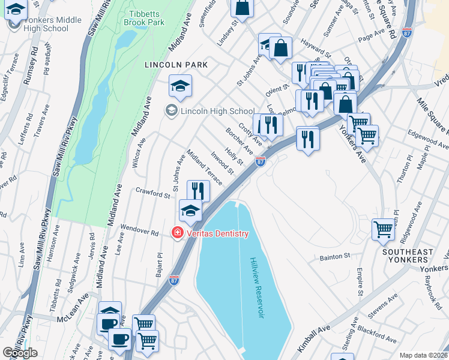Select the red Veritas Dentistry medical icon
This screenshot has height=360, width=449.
pyautogui.click(x=177, y=233)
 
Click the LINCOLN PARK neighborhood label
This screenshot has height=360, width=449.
pyautogui.click(x=176, y=64)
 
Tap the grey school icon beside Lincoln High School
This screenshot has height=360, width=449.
pyautogui.click(x=172, y=111)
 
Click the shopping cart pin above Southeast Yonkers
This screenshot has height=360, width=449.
pyautogui.click(x=382, y=229)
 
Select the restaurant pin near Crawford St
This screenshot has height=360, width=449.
pyautogui.click(x=198, y=191)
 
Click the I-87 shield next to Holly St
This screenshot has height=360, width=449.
pyautogui.click(x=260, y=161)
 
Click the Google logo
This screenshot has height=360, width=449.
pyautogui.click(x=20, y=353)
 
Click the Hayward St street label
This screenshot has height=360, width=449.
pyautogui.click(x=316, y=52)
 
